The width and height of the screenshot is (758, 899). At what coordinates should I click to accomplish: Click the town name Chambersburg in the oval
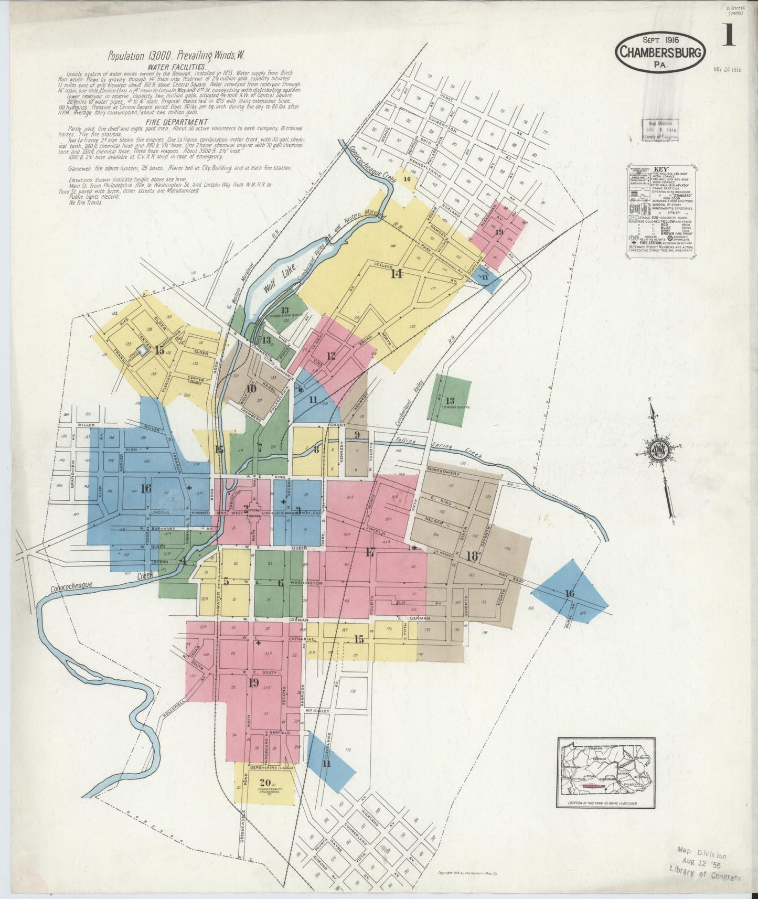tap(661, 52)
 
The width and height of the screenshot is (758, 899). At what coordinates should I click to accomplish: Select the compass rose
tap(660, 453)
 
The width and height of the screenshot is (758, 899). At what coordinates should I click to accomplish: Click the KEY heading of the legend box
tap(660, 170)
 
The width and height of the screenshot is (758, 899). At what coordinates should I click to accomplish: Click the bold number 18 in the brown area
tap(471, 557)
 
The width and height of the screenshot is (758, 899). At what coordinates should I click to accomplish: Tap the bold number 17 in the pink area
tap(370, 551)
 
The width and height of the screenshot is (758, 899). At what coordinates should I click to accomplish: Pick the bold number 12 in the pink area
tap(330, 356)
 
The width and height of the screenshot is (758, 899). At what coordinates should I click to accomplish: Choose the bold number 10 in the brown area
tap(251, 389)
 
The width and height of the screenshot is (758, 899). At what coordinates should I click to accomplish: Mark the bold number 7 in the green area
tap(259, 448)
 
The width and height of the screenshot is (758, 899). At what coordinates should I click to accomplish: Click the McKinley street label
tap(316, 711)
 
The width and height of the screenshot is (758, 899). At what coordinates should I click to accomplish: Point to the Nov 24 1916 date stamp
tap(727, 69)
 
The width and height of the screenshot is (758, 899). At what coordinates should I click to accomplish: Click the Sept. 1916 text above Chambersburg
tap(660, 40)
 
